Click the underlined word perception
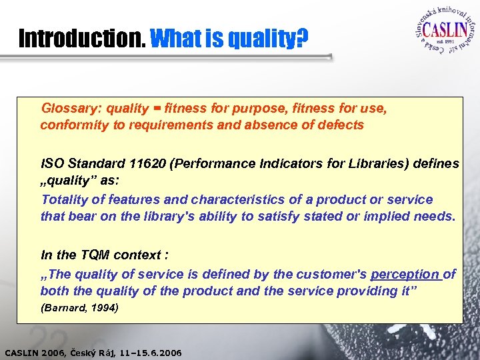[x=405, y=275]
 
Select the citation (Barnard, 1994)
[x=79, y=308]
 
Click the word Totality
[x=65, y=199]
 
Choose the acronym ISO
[x=52, y=163]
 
